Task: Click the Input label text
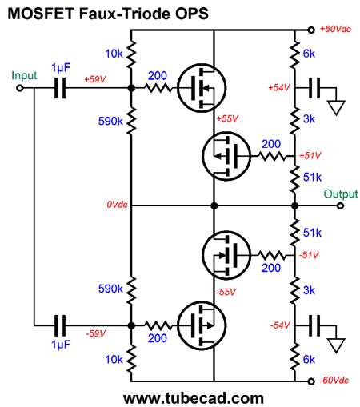[x=24, y=76]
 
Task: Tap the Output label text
[x=341, y=194]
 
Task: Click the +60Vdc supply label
[x=335, y=29]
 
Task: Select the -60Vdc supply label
[x=334, y=380]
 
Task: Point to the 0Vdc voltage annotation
[x=117, y=205]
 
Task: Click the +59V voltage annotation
[x=95, y=79]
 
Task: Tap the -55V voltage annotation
[x=226, y=292]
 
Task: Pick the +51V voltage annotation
[x=310, y=155]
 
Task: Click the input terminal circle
[x=20, y=88]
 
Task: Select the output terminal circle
[x=340, y=205]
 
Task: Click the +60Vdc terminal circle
[x=311, y=30]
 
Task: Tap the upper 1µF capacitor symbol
[x=60, y=88]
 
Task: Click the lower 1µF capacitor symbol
[x=60, y=325]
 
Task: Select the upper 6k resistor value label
[x=309, y=54]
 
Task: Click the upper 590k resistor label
[x=110, y=121]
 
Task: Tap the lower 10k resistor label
[x=114, y=360]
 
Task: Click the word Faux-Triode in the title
[x=125, y=14]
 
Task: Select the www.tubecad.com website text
[x=194, y=398]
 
